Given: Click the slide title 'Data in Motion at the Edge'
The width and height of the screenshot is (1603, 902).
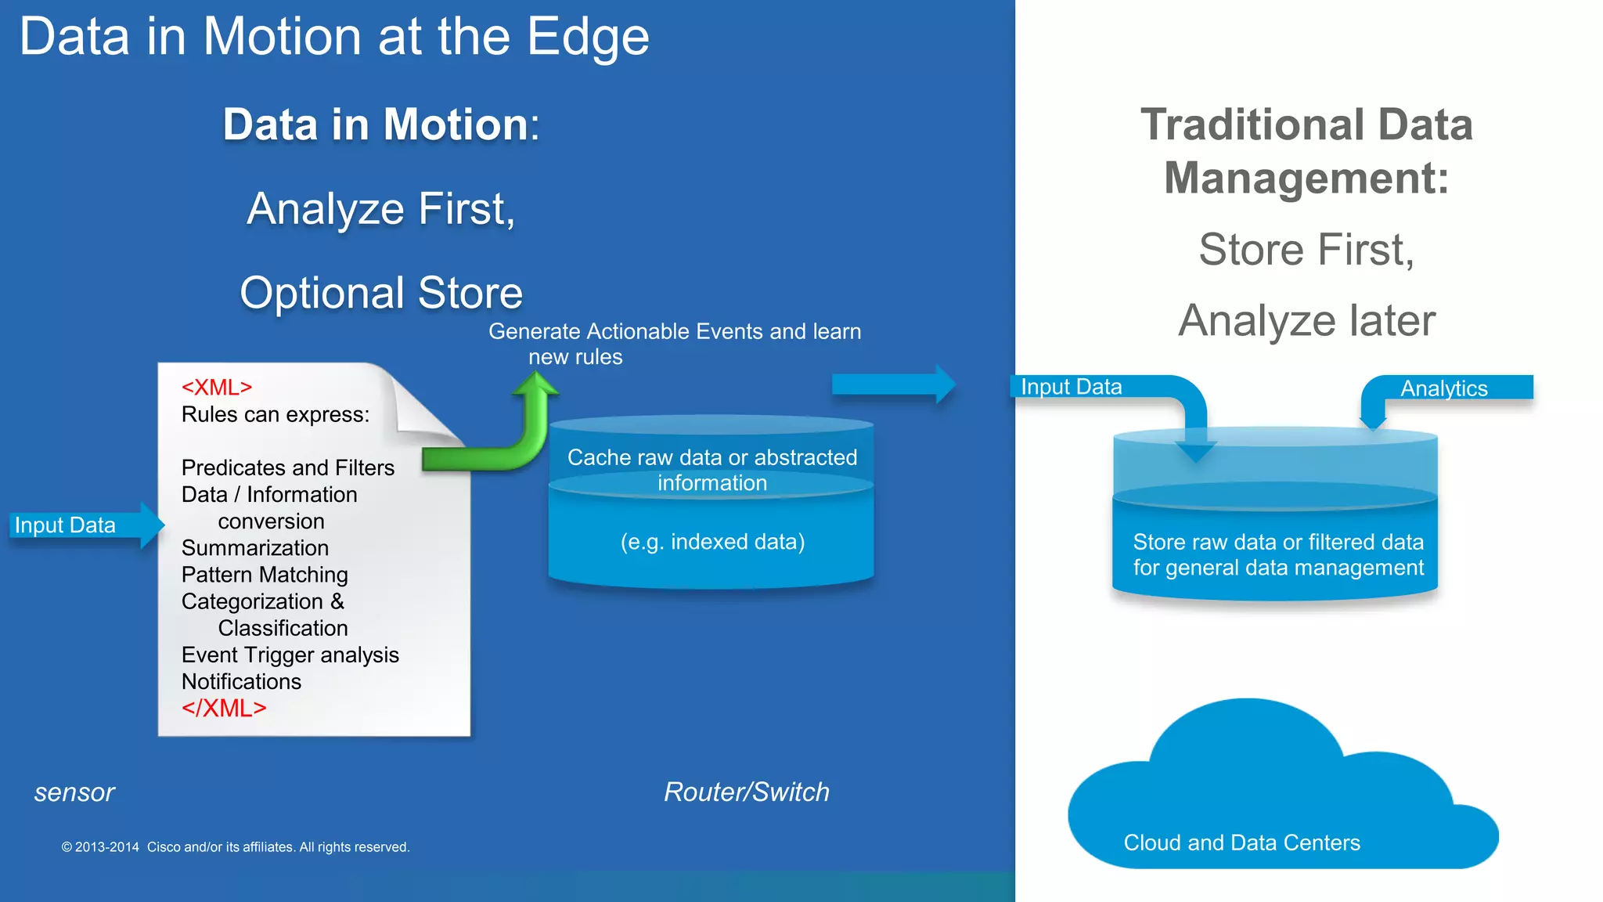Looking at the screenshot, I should coord(334,37).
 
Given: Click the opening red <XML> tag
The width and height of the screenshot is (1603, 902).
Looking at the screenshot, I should coord(217,388).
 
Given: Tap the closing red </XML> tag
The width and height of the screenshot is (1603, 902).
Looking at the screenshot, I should coord(224,709).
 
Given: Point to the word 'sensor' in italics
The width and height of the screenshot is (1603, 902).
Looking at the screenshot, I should coord(74,792).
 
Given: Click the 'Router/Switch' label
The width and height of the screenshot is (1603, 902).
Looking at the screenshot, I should coord(746,792).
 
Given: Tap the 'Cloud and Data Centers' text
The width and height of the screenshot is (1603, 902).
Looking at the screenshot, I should coord(1241,842).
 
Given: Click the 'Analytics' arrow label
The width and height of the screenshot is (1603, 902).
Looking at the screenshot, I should coord(1444,388).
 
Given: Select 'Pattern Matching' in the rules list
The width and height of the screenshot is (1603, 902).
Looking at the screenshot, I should coord(265,575).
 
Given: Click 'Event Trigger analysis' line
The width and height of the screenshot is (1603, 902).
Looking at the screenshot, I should coord(290,655).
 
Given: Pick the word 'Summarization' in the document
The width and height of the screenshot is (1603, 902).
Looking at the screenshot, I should coord(255,548).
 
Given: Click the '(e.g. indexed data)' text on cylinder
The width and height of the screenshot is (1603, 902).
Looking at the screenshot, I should coord(712,542).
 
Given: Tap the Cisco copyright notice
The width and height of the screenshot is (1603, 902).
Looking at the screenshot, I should coord(235,847).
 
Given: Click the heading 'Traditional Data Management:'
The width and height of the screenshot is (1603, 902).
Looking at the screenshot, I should coord(1306,151).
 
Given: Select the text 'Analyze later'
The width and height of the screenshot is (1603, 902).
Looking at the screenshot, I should coord(1306,320).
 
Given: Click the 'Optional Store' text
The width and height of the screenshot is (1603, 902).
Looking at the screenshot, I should coord(380,293).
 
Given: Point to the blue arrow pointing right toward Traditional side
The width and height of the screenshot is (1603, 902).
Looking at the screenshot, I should coord(892,384).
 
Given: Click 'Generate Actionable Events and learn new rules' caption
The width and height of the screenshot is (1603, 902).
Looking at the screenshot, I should coord(674,343).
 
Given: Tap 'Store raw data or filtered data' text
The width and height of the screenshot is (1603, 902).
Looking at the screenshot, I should coord(1277,542).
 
